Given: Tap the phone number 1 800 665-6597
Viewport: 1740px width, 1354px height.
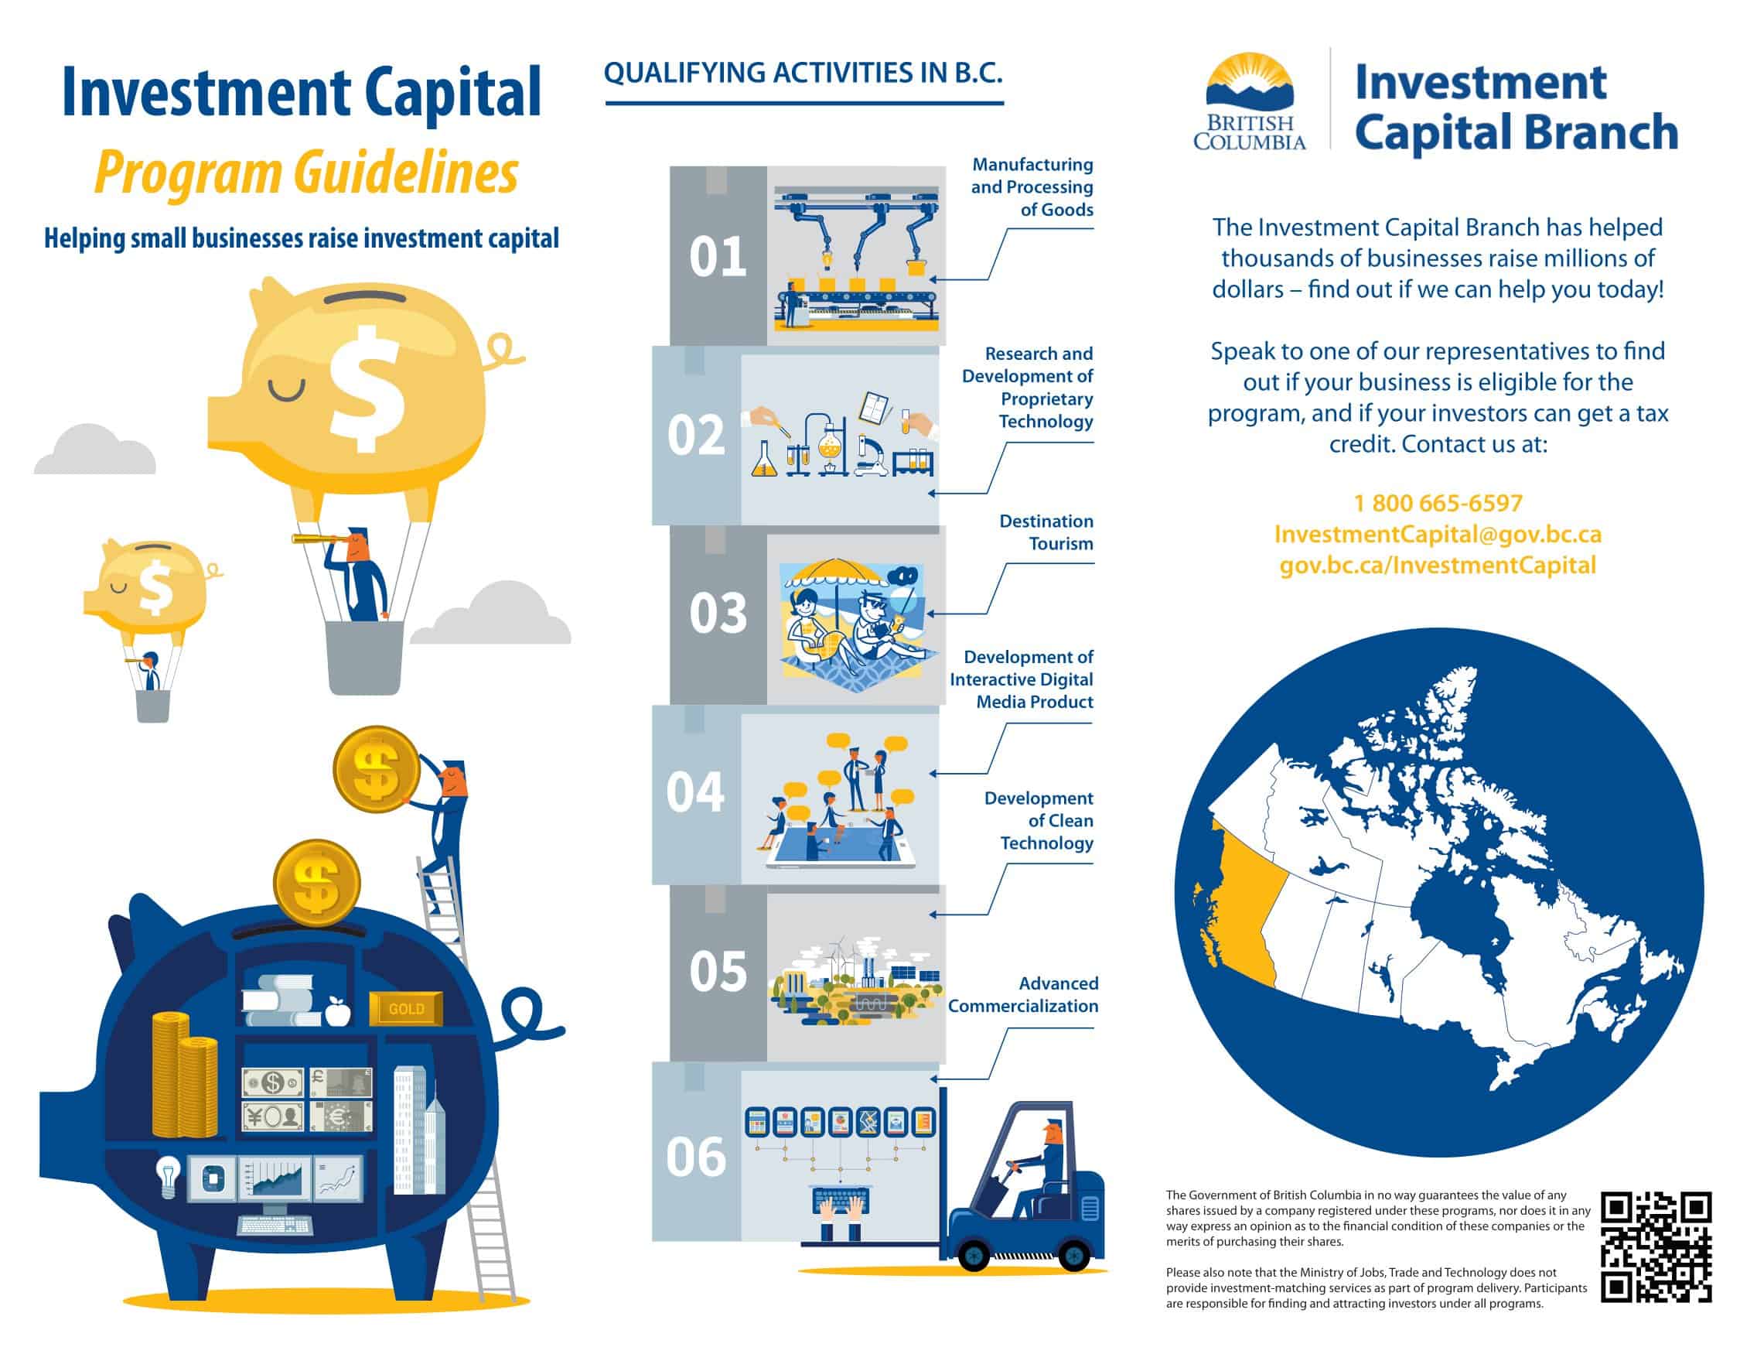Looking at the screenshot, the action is [x=1438, y=503].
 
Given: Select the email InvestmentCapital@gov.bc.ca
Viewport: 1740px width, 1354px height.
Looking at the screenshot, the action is [x=1438, y=534].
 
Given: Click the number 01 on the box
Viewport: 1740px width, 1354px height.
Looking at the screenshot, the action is [x=718, y=257].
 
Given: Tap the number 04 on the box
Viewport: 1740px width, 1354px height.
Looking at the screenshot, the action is [x=695, y=792].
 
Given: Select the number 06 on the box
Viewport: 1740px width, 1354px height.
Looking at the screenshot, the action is [x=696, y=1157].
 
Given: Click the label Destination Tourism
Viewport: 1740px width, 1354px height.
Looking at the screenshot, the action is [x=1046, y=532].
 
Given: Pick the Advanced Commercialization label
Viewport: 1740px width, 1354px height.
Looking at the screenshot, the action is [x=1023, y=994].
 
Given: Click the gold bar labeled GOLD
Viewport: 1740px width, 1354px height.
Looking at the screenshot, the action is [x=405, y=1008].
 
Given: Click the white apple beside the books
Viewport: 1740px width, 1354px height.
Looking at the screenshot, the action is [x=339, y=1011].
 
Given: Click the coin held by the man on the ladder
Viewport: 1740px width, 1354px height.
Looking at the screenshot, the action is [x=376, y=768].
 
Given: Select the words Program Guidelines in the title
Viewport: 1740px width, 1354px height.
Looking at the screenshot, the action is [x=306, y=174].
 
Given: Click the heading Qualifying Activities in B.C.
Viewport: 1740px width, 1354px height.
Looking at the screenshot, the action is [x=803, y=73].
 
